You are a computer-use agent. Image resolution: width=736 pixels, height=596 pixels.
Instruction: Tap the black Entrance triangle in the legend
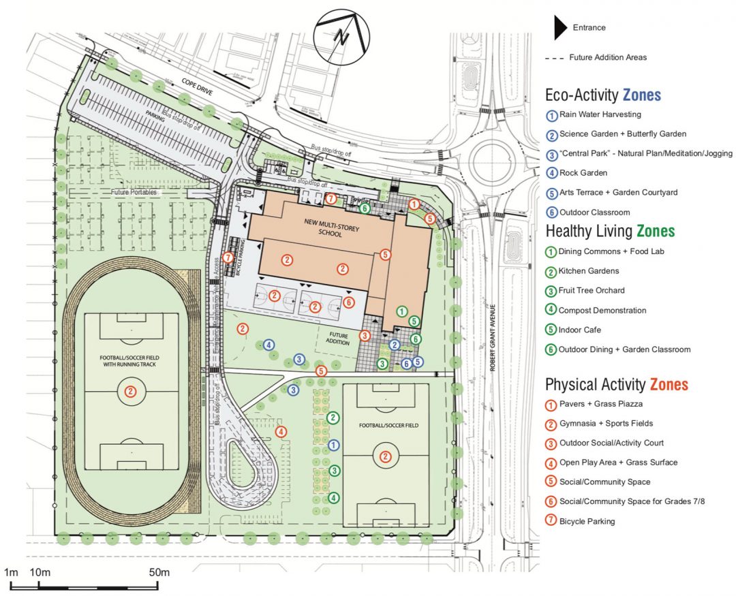(x=559, y=28)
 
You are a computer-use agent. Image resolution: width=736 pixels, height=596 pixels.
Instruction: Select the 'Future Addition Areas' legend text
(x=607, y=58)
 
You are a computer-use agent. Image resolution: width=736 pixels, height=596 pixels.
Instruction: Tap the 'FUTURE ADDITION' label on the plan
(x=339, y=339)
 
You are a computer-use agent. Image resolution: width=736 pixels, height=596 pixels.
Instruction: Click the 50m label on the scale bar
(x=159, y=572)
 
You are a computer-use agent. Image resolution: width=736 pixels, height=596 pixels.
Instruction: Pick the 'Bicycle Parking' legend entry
(x=586, y=521)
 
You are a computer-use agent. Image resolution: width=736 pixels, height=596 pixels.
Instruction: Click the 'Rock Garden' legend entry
(x=583, y=173)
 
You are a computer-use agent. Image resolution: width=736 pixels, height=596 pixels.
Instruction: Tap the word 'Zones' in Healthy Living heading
(x=656, y=231)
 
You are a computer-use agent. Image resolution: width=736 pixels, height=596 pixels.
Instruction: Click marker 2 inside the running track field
(x=132, y=392)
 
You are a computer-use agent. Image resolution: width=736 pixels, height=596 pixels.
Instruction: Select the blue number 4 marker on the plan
(x=269, y=345)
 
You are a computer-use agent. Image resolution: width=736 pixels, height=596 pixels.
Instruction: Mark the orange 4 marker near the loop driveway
(x=280, y=431)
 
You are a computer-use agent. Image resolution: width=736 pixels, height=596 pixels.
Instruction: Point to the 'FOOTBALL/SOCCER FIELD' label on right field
(x=386, y=426)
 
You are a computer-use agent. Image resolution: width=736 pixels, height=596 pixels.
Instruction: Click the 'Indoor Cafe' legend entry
(x=583, y=330)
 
